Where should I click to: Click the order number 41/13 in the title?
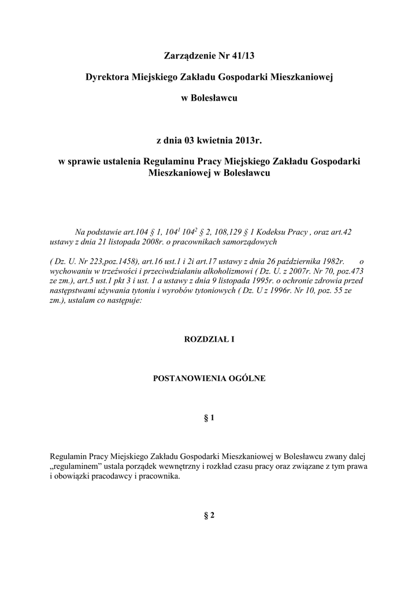click(243, 56)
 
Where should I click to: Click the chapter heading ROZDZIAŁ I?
click(209, 340)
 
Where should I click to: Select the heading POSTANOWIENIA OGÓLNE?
click(209, 379)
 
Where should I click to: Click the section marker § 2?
click(209, 516)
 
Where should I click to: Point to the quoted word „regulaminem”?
click(72, 467)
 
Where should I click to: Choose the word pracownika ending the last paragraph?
click(160, 477)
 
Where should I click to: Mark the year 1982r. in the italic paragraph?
click(330, 261)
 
